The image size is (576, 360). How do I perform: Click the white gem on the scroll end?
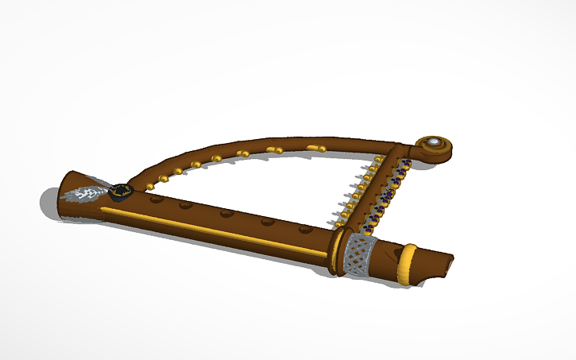pyautogui.click(x=434, y=144)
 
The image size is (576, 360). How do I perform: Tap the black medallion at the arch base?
pyautogui.click(x=121, y=190)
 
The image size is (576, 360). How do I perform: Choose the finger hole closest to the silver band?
pyautogui.click(x=304, y=230)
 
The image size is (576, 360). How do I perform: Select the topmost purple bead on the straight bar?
pyautogui.click(x=404, y=165)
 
